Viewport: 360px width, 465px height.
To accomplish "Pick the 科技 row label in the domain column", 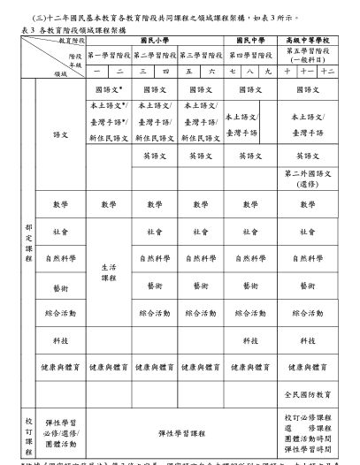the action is coord(60,339).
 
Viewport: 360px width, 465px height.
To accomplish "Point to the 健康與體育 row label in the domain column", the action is coord(60,362).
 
